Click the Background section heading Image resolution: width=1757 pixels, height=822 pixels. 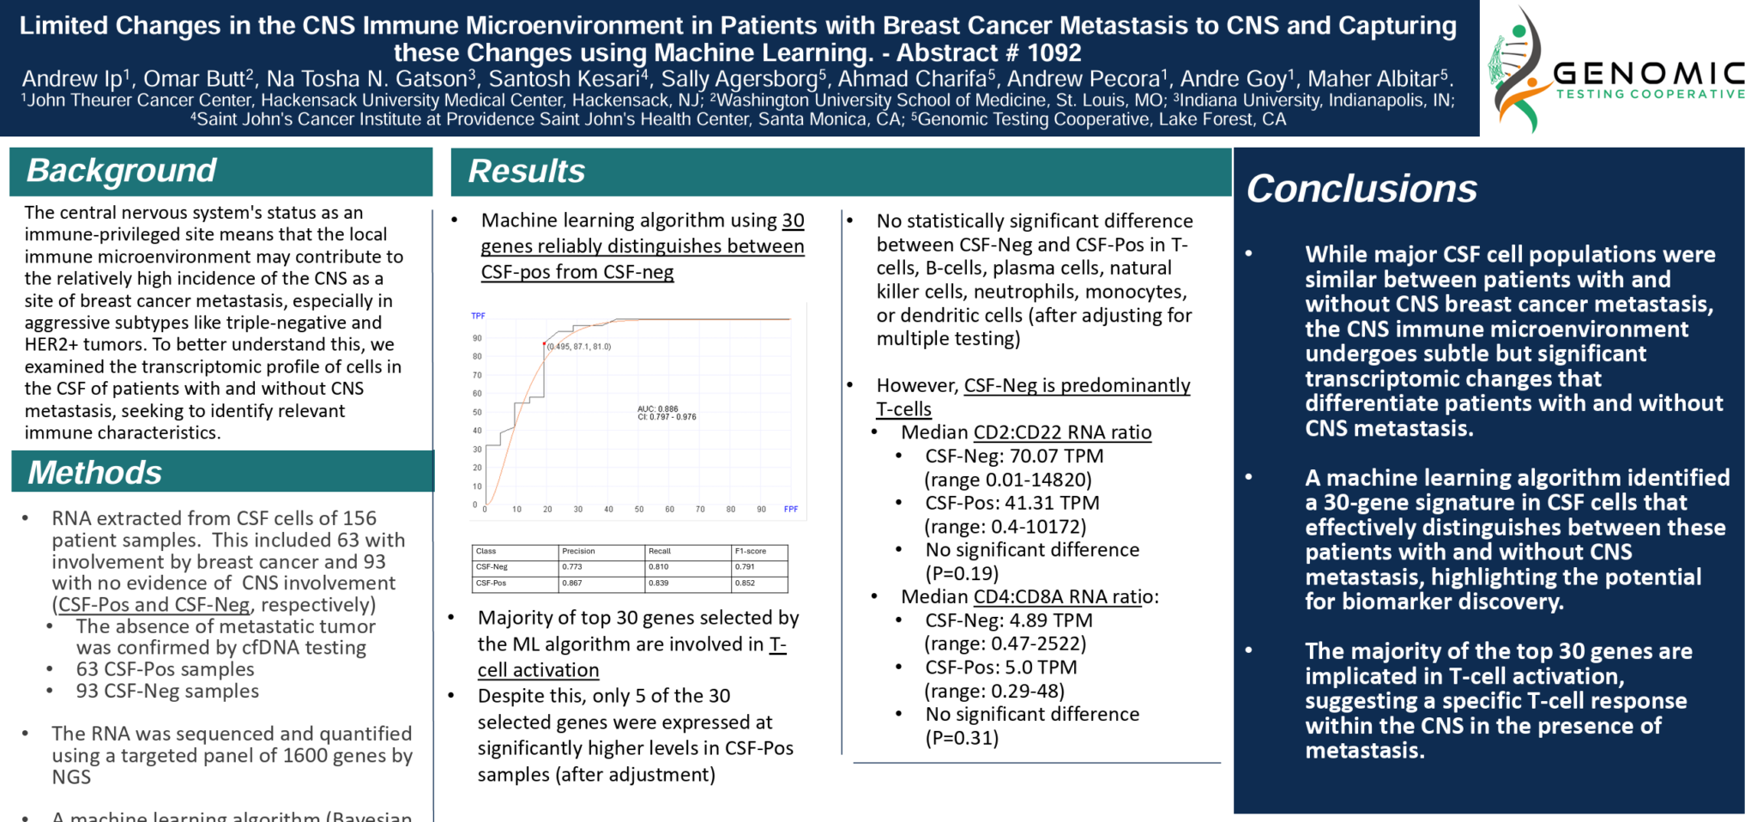pos(121,171)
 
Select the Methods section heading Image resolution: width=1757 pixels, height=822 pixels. pos(94,473)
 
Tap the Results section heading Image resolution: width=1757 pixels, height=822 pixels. pos(526,172)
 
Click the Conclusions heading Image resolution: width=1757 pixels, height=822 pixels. pos(1361,189)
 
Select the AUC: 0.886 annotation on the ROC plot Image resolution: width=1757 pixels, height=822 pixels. pos(658,408)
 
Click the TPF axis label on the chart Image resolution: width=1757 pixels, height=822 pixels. pos(478,316)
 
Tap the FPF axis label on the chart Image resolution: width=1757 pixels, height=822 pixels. pos(790,510)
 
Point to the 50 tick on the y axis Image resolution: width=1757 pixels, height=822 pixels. pos(477,412)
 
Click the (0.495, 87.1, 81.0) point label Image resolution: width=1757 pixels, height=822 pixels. pos(579,347)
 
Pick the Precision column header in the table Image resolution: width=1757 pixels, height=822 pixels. pos(578,551)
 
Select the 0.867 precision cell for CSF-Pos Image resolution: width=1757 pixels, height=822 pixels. pos(572,583)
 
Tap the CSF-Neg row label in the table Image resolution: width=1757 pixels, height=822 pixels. pos(492,566)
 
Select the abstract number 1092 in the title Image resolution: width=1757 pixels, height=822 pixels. pos(1054,53)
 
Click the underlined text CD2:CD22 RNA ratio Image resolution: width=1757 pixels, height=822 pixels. pos(1062,432)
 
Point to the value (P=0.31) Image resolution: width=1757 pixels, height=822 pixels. pos(961,738)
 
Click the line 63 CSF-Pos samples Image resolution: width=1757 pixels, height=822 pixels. pos(165,669)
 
